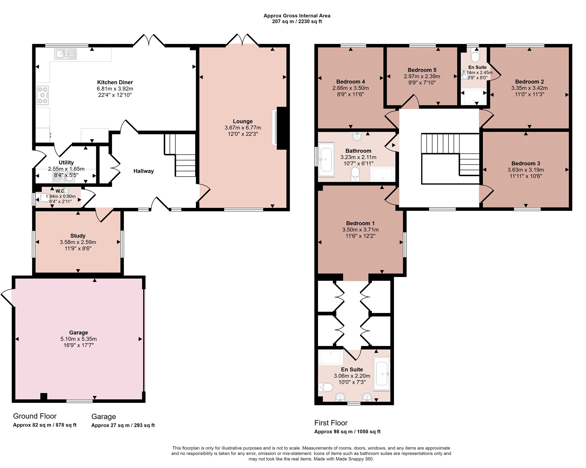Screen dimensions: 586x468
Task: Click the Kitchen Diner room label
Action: click(x=115, y=82)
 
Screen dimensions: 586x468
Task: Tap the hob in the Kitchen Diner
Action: click(x=43, y=95)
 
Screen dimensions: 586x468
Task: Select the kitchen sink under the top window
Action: click(x=65, y=54)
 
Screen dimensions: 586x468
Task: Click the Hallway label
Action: click(x=144, y=171)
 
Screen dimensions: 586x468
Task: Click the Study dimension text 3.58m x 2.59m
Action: click(x=78, y=242)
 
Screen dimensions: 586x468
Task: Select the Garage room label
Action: click(x=79, y=332)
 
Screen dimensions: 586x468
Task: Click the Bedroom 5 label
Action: click(x=422, y=70)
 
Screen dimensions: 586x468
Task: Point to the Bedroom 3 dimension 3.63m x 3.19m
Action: click(x=526, y=170)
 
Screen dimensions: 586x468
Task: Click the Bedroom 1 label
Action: click(x=360, y=223)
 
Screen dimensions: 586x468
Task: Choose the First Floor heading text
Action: click(x=331, y=423)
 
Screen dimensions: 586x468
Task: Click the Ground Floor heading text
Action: click(x=35, y=416)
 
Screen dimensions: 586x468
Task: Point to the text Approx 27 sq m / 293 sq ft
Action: click(x=123, y=425)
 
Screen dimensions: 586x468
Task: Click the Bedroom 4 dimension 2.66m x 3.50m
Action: click(x=350, y=88)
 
